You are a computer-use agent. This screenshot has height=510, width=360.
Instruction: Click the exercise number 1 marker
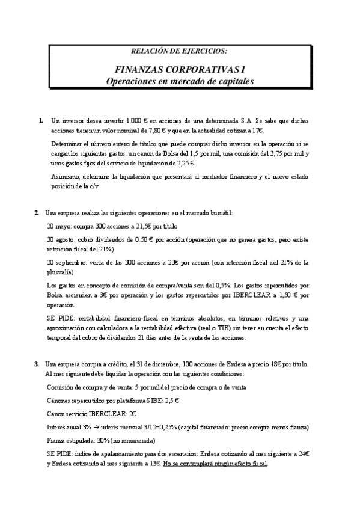click(x=40, y=121)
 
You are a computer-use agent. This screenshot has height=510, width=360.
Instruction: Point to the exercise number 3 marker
click(x=37, y=364)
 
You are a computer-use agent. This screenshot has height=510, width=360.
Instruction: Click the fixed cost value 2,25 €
click(x=186, y=163)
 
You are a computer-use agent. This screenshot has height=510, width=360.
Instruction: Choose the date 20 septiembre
click(x=70, y=262)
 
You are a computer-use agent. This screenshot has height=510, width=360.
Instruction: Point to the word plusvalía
click(x=60, y=272)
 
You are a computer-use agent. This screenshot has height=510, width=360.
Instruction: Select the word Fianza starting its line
click(x=55, y=440)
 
